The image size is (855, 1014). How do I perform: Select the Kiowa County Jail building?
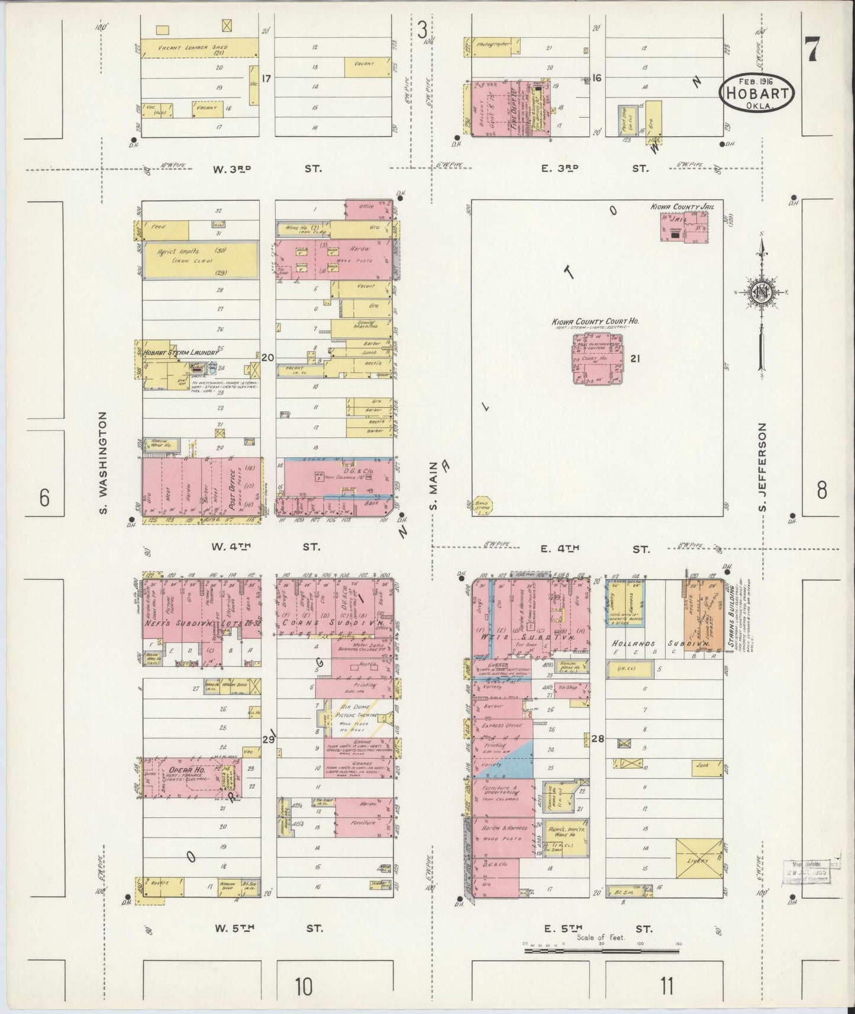coord(684,228)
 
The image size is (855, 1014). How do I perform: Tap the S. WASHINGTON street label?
coord(104,463)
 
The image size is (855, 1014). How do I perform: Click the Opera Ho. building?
coord(192,777)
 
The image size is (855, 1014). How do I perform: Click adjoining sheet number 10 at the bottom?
coord(303,986)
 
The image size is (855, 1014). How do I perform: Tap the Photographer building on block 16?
coord(493,47)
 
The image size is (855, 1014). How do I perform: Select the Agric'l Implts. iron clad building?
coord(202,259)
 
